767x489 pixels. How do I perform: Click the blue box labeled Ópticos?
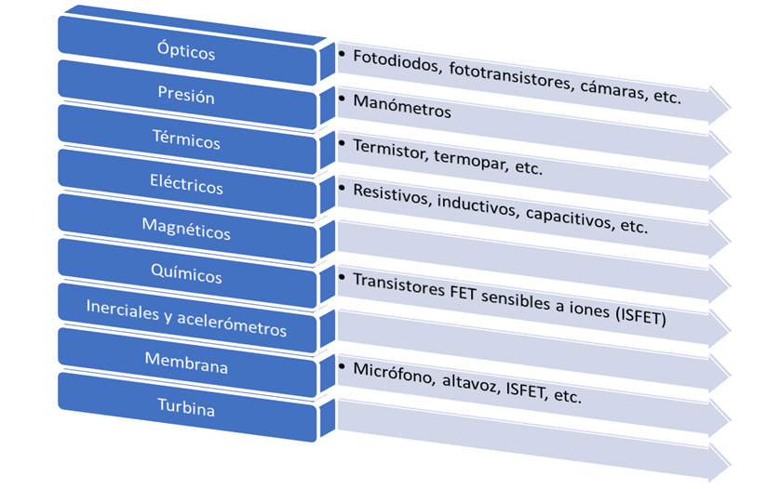point(186,53)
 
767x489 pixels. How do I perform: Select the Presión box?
point(186,97)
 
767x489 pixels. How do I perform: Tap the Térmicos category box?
point(186,141)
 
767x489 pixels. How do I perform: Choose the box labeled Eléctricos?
point(186,187)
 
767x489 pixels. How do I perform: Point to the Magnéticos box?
point(186,231)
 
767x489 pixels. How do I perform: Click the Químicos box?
point(186,276)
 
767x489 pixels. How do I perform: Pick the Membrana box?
point(186,366)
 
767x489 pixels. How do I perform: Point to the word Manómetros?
point(401,111)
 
